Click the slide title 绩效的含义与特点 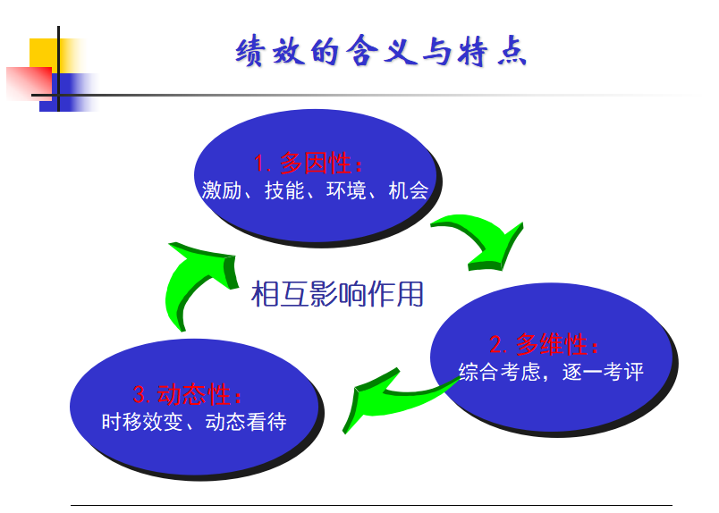(381, 51)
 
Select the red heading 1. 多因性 (309, 164)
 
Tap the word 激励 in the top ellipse (222, 190)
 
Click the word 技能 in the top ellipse (284, 190)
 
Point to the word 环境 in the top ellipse (346, 190)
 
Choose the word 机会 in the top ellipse (409, 190)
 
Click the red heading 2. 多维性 (545, 344)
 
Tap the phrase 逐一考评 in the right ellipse (603, 371)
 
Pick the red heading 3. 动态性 (188, 394)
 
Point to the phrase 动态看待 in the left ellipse (246, 422)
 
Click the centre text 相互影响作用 (337, 294)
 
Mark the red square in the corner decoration (29, 83)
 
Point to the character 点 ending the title (512, 51)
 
